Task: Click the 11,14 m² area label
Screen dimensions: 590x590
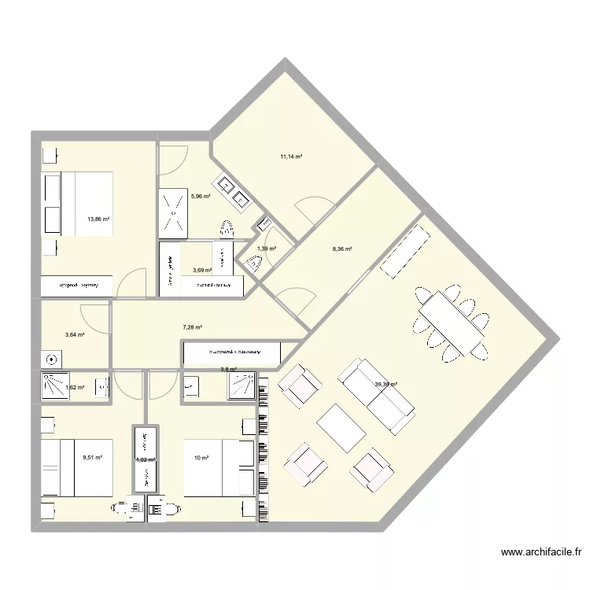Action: coord(291,157)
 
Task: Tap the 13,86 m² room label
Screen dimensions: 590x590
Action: coord(98,220)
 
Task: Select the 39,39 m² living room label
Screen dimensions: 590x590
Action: coord(385,385)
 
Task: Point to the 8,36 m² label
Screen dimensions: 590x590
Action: coord(342,249)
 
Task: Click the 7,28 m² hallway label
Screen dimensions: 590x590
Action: coord(193,327)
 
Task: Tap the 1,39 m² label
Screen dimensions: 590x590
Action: coord(267,249)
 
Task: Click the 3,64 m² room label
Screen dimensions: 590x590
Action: coord(75,335)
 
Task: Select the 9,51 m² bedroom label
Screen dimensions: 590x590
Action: coord(93,456)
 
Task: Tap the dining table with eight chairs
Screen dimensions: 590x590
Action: coord(451,322)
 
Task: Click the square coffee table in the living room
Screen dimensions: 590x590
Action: coord(341,427)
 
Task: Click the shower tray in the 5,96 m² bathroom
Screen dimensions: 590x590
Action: coord(174,212)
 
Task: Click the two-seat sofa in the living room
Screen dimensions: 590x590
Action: coord(377,397)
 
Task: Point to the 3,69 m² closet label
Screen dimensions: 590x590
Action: coord(202,270)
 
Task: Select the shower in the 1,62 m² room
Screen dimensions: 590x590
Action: coord(55,386)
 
